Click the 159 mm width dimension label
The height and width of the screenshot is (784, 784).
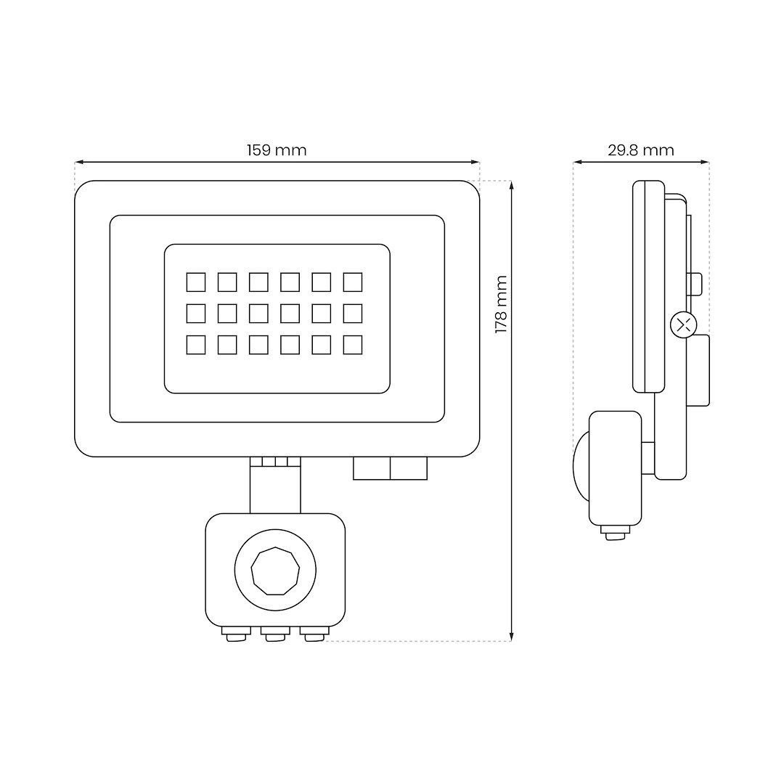(x=277, y=150)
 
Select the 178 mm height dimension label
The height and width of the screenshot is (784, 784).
(x=501, y=304)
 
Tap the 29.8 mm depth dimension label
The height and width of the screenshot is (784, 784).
(x=641, y=150)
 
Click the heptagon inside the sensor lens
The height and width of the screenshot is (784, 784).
(x=275, y=571)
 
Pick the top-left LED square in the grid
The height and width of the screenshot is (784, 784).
(x=196, y=282)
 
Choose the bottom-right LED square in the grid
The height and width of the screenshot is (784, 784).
(x=353, y=345)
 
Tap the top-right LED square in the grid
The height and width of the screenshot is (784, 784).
(x=353, y=282)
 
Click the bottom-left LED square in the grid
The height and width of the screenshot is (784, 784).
(x=196, y=345)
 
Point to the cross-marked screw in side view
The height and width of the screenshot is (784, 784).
(x=684, y=325)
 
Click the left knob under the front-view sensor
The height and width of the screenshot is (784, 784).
(x=237, y=634)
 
